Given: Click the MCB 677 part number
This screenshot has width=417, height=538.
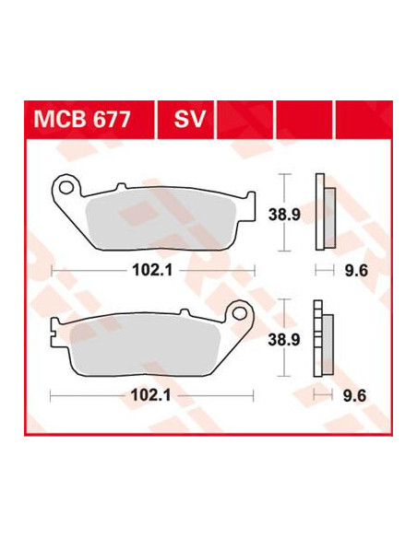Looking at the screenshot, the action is point(82,119).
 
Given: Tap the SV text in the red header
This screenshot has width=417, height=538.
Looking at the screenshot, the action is point(190,119).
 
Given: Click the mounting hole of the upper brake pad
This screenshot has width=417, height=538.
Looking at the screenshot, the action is point(66,187).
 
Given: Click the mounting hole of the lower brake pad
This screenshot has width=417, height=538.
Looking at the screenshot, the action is point(239,313).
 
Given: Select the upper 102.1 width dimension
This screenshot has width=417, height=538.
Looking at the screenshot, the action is point(152,271).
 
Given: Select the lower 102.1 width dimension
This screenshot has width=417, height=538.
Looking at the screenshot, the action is point(151,395).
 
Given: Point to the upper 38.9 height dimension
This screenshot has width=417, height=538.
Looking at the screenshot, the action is point(284,215).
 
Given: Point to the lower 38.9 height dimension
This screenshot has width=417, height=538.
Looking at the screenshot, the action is point(284,340).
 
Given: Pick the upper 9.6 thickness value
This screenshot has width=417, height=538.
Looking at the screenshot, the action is point(356,271).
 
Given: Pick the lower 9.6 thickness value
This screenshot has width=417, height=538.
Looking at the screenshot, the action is point(355,395).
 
